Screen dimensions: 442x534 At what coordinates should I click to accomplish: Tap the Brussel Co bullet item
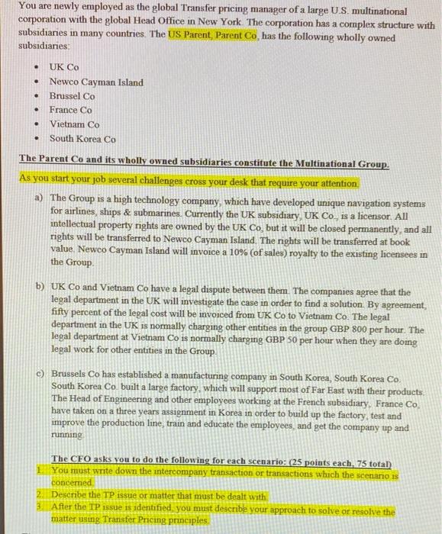(x=73, y=96)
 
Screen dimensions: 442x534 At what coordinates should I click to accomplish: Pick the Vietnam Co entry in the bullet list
(x=74, y=124)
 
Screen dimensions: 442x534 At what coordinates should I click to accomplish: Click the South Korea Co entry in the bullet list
(x=82, y=139)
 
